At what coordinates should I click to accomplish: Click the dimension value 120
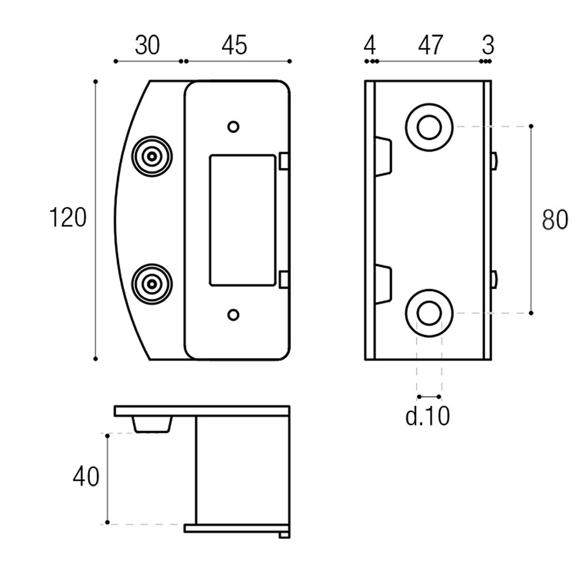tap(68, 218)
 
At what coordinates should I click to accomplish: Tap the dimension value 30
tap(147, 45)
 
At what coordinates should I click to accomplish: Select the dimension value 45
tap(234, 45)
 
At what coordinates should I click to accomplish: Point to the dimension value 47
tap(430, 45)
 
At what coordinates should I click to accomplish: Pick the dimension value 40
tap(86, 477)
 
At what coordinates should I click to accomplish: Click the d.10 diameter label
tap(427, 416)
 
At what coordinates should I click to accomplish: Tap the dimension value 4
tap(369, 45)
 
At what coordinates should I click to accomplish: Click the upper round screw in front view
tap(152, 157)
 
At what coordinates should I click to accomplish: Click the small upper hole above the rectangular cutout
tap(233, 126)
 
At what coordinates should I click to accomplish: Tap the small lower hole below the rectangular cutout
tap(233, 315)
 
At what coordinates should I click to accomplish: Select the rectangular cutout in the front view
tap(241, 220)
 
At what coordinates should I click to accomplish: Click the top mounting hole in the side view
tap(429, 127)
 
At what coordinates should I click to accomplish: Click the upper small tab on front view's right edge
tap(284, 161)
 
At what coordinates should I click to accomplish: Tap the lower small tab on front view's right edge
tap(284, 279)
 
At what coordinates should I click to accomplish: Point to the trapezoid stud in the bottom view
tap(153, 424)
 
